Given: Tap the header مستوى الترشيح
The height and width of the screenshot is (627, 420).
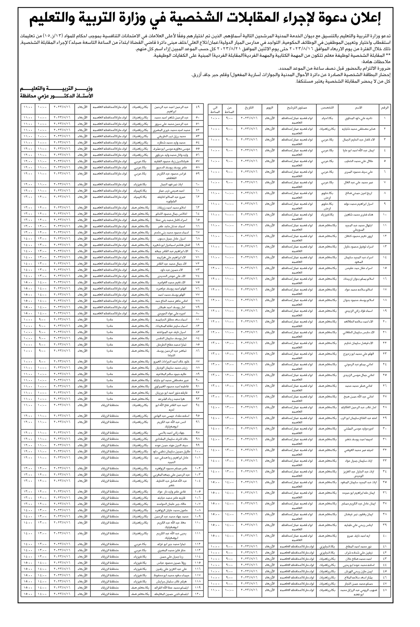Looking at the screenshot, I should pyautogui.click(x=297, y=107).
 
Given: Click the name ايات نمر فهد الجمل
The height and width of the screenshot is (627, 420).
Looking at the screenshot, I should pyautogui.click(x=165, y=184).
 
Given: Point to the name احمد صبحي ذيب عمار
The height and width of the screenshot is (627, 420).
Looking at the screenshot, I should pyautogui.click(x=165, y=190).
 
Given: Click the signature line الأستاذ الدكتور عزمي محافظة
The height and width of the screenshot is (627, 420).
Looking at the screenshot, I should pyautogui.click(x=56, y=96).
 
